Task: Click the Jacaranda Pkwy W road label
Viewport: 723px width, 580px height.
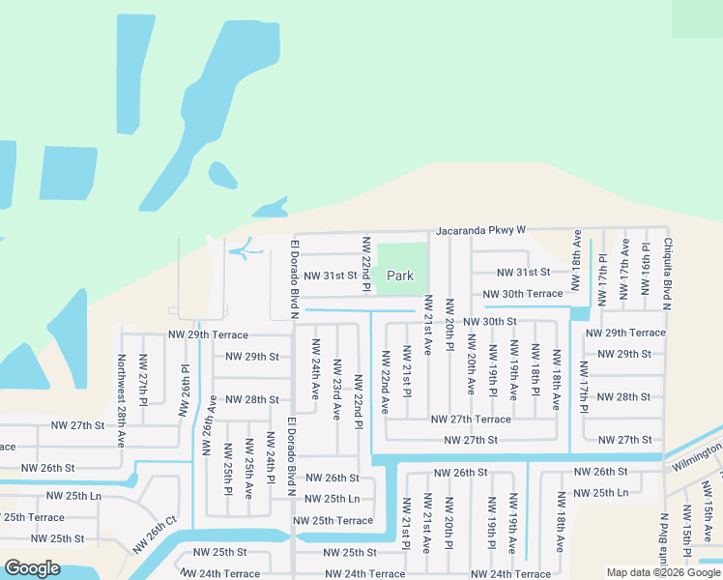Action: (479, 231)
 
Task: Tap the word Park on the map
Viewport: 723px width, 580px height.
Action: (400, 276)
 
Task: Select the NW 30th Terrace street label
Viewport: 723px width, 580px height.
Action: (522, 294)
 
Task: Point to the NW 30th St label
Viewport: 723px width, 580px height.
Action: (490, 321)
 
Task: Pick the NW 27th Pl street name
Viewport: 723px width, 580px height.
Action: (143, 380)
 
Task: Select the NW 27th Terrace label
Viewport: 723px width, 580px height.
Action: (471, 420)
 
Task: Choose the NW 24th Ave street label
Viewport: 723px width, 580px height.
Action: (315, 369)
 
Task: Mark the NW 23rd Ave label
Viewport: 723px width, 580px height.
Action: (336, 390)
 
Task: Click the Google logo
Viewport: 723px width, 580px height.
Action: (31, 568)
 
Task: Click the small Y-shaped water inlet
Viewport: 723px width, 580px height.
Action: (246, 249)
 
